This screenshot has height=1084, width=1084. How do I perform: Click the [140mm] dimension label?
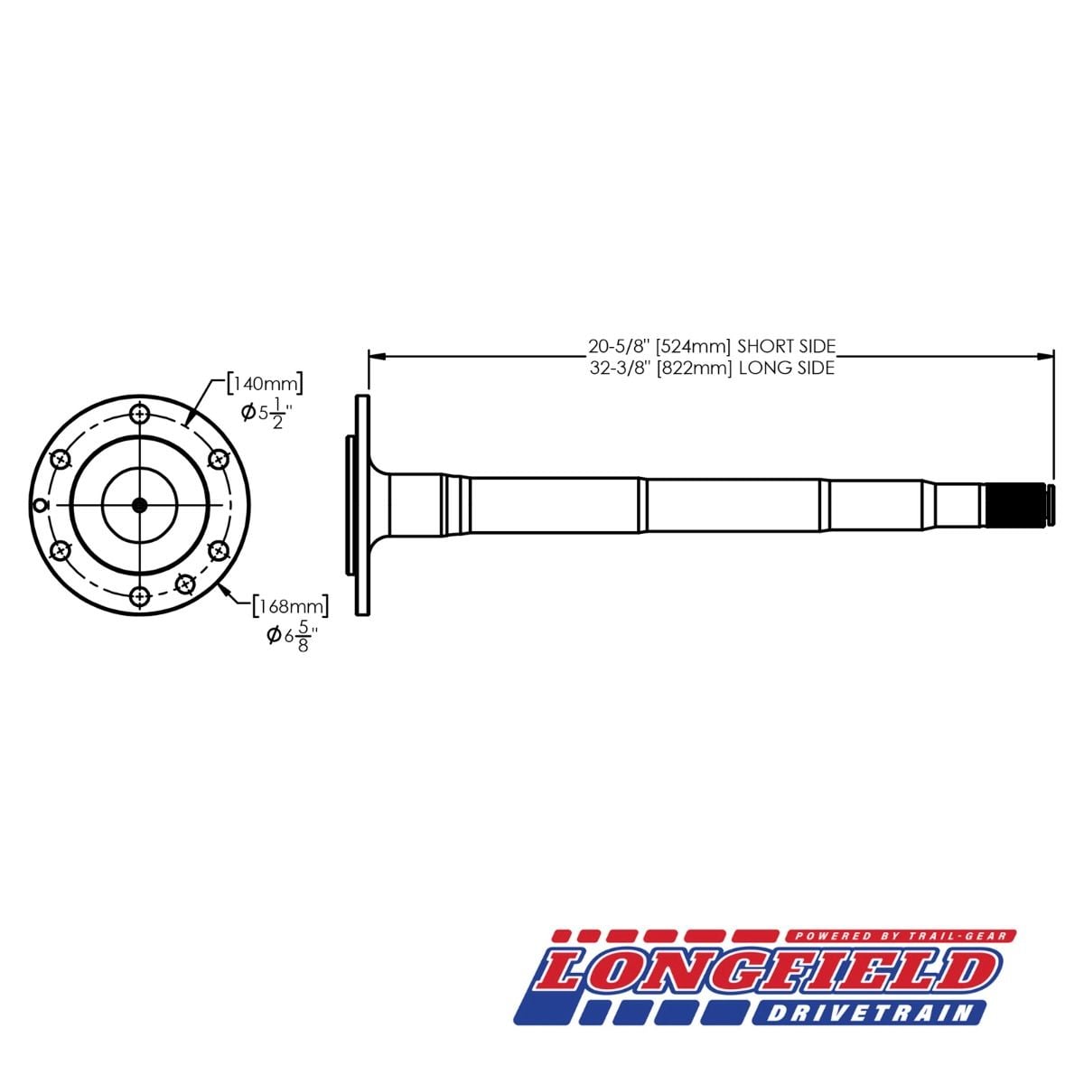click(265, 384)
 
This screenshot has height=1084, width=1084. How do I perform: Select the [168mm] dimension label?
click(290, 606)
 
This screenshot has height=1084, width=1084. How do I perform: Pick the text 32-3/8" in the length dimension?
click(620, 368)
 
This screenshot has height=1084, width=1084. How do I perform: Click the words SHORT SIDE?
click(787, 345)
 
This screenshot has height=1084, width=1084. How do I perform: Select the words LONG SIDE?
click(787, 368)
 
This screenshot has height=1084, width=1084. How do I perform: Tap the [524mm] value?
click(693, 345)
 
